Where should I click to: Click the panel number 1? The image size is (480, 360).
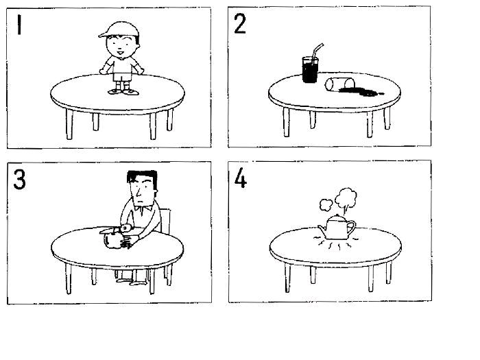(19, 25)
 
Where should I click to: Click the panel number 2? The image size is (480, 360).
(240, 23)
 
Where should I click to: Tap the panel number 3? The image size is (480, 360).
(20, 180)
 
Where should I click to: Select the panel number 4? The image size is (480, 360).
(241, 178)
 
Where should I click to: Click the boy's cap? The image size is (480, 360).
(119, 29)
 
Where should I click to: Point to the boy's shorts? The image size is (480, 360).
(122, 76)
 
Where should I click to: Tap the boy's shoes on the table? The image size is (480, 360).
(123, 91)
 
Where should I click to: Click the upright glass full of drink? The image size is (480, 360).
(311, 70)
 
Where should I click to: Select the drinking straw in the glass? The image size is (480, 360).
(317, 51)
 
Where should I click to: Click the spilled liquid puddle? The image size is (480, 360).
(362, 91)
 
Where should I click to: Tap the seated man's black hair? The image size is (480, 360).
(143, 178)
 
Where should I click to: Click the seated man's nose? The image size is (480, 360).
(139, 193)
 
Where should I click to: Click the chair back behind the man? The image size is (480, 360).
(165, 221)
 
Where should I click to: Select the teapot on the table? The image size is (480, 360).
(337, 228)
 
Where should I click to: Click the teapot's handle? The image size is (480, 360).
(351, 228)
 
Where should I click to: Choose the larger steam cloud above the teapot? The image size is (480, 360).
(346, 198)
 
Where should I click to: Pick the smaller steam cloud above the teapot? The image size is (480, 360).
(326, 205)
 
